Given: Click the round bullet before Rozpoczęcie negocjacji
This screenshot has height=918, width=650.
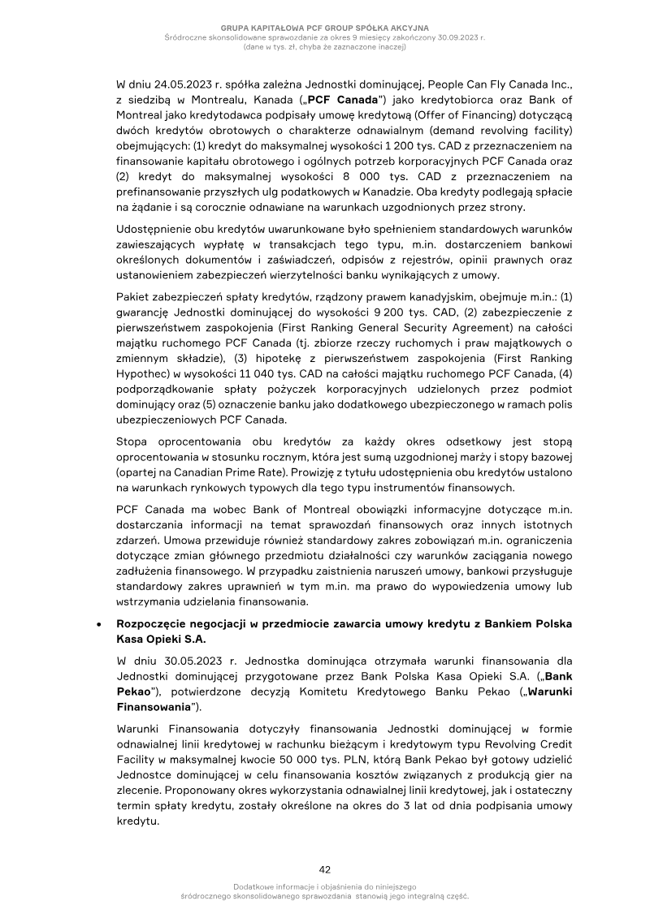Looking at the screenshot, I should pyautogui.click(x=98, y=626).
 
